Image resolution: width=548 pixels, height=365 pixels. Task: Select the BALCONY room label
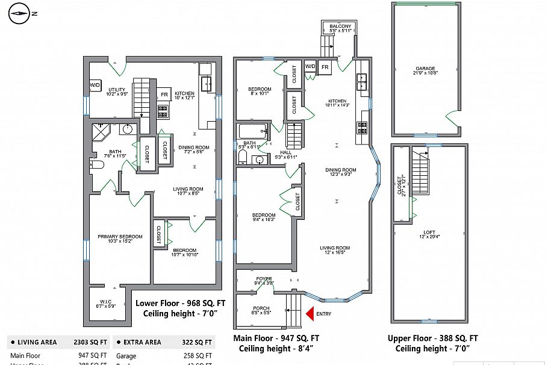pyautogui.click(x=340, y=27)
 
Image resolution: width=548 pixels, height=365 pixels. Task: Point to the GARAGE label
pyautogui.click(x=425, y=69)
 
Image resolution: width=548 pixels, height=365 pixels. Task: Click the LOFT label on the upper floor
pyautogui.click(x=429, y=232)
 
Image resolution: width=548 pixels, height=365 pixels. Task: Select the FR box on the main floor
pyautogui.click(x=325, y=67)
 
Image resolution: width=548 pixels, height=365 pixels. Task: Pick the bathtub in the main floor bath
pyautogui.click(x=252, y=131)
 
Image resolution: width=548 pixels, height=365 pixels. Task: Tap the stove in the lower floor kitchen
pyautogui.click(x=163, y=110)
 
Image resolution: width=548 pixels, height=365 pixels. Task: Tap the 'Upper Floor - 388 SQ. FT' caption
pyautogui.click(x=433, y=338)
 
